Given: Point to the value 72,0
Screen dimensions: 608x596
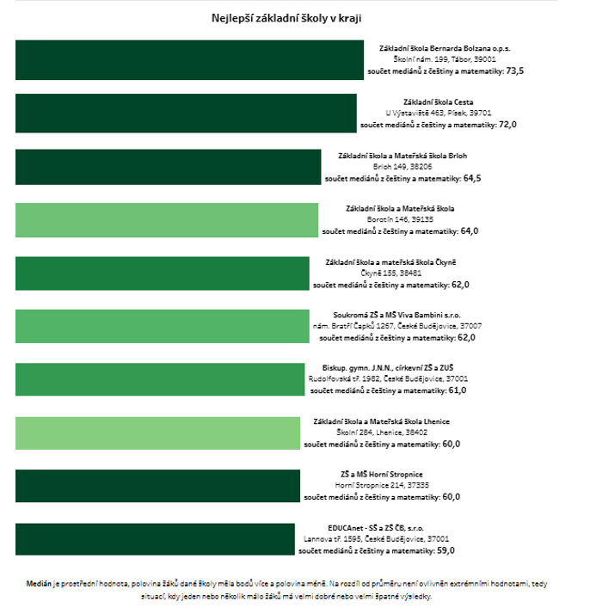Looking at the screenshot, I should (507, 125).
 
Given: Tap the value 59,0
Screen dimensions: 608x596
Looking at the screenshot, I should (445, 550).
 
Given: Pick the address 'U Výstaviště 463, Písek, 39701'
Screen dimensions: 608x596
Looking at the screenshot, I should (438, 113).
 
